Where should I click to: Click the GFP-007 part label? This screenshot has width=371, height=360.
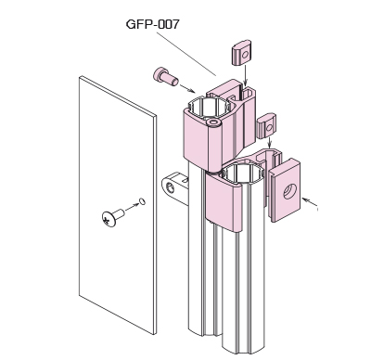(152, 24)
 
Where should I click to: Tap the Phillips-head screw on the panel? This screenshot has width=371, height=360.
(113, 217)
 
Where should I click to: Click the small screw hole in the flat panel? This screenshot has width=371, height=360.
(142, 201)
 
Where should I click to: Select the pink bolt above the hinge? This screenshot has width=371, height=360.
(166, 77)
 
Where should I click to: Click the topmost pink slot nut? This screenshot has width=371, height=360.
(241, 52)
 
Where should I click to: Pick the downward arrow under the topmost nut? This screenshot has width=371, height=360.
(245, 74)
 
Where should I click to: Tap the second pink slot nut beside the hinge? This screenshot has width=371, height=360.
(267, 126)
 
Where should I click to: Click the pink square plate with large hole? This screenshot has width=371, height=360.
(286, 190)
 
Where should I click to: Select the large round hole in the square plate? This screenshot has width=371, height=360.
(290, 191)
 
